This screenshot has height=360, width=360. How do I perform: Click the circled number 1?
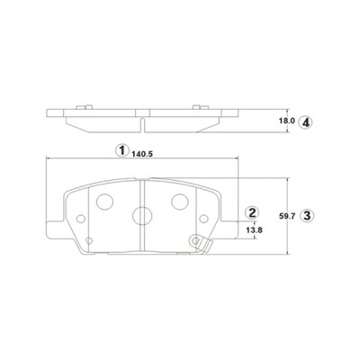tap(121, 151)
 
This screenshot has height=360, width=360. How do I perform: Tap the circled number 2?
tap(253, 213)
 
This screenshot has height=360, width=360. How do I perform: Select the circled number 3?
tap(307, 215)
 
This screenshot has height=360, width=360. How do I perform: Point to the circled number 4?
tap(306, 121)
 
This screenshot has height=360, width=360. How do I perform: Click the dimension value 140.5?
tap(142, 153)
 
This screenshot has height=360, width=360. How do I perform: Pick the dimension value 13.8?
tap(254, 231)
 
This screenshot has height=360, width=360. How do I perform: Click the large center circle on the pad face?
tap(142, 215)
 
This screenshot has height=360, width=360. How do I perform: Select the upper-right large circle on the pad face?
tap(180, 202)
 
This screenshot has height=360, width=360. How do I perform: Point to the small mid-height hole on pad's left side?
tap(81, 219)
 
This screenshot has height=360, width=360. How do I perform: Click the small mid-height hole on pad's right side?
tap(202, 219)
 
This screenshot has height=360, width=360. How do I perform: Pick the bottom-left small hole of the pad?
tap(91, 240)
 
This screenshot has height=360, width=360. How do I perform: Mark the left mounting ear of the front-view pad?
tap(54, 229)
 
